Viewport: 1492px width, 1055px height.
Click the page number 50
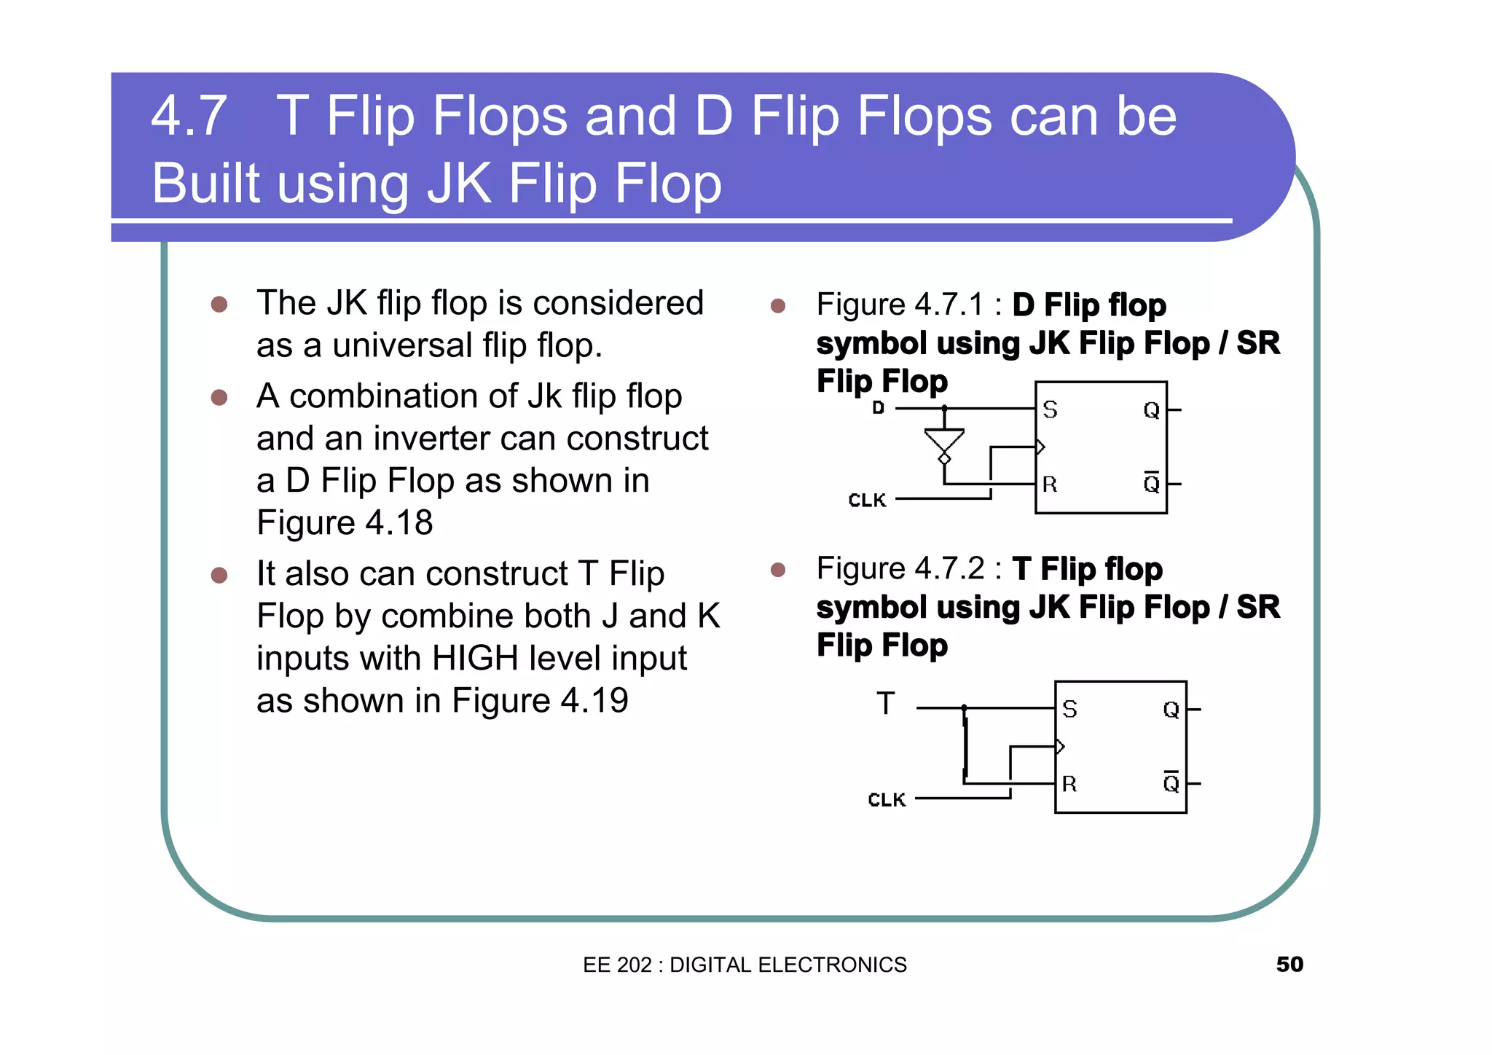pyautogui.click(x=1289, y=964)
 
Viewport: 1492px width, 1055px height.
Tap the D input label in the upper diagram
pyautogui.click(x=879, y=408)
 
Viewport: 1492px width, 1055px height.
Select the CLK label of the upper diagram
pyautogui.click(x=867, y=501)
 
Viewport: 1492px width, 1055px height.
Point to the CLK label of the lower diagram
pyautogui.click(x=887, y=800)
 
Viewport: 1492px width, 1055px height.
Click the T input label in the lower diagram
pyautogui.click(x=885, y=704)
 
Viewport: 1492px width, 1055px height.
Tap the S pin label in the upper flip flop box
pyautogui.click(x=1050, y=410)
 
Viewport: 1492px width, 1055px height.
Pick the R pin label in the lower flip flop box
pyautogui.click(x=1069, y=784)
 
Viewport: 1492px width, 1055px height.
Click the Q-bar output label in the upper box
pyautogui.click(x=1151, y=483)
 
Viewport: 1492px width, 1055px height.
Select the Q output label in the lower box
pyautogui.click(x=1171, y=710)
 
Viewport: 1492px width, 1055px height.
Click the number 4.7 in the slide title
pyautogui.click(x=189, y=116)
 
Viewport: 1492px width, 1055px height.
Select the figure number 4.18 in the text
pyautogui.click(x=398, y=523)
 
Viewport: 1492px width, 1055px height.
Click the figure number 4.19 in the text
pyautogui.click(x=594, y=701)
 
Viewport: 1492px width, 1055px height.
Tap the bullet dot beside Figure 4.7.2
pyautogui.click(x=778, y=569)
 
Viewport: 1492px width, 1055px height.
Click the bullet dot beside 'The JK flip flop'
pyautogui.click(x=219, y=304)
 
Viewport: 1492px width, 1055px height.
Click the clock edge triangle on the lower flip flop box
pyautogui.click(x=1060, y=746)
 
